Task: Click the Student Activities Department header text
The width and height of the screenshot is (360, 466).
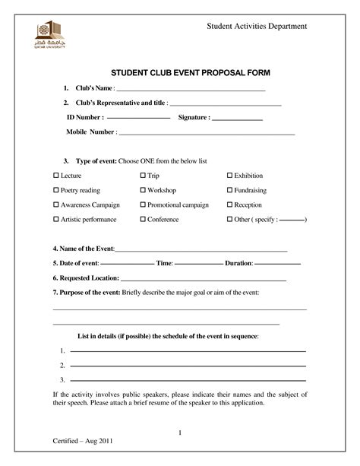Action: click(257, 27)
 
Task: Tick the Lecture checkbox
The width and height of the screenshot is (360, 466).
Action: click(55, 176)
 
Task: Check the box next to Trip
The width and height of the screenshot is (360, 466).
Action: click(143, 176)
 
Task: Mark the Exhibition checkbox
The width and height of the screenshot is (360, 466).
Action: click(229, 176)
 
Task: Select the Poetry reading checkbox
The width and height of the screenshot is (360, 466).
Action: click(55, 190)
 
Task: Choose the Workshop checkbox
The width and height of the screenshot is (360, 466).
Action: click(143, 190)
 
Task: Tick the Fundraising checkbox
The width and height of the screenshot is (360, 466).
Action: click(229, 190)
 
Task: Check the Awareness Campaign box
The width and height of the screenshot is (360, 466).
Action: click(55, 204)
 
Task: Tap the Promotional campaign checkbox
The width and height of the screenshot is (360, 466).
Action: click(143, 204)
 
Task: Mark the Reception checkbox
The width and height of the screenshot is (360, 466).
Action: click(229, 204)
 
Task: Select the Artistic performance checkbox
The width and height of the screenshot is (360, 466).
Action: click(55, 219)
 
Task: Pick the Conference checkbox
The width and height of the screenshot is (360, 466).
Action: click(143, 219)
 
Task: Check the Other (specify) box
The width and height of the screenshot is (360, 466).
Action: click(229, 219)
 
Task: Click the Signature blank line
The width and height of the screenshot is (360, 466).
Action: click(237, 119)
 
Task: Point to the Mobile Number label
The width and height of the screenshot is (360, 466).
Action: click(90, 132)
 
